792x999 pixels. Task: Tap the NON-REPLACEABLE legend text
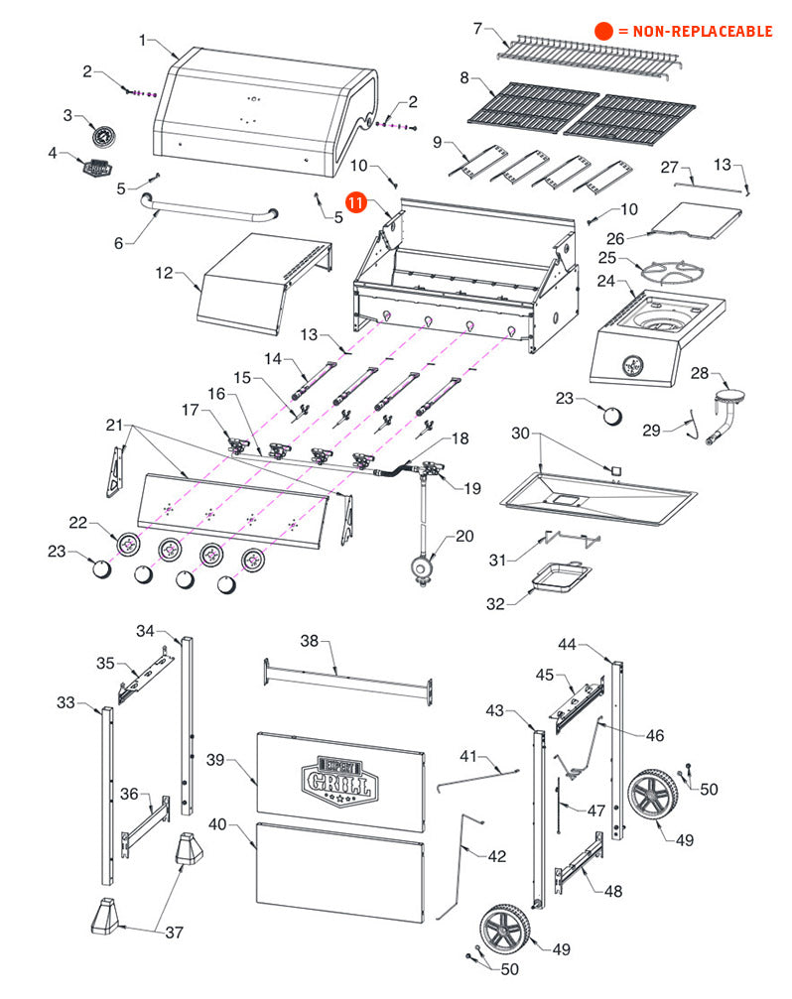coord(694,32)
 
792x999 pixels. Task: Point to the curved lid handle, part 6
coord(209,210)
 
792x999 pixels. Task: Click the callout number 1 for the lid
coord(143,41)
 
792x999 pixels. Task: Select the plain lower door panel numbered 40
coord(339,871)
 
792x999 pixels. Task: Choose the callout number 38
coord(310,641)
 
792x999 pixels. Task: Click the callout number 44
coord(567,644)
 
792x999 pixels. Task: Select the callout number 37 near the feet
coord(175,932)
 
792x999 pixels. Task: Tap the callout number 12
coord(164,271)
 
